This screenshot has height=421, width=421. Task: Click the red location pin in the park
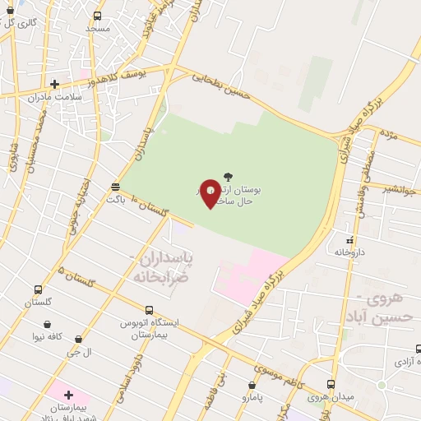click(x=210, y=192)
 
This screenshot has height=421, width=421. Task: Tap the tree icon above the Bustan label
click(x=228, y=176)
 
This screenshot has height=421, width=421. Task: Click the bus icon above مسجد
click(x=98, y=16)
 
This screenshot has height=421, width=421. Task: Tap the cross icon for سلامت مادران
click(x=54, y=83)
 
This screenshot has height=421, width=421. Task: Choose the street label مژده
click(x=389, y=134)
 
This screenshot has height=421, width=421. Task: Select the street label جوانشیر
click(x=398, y=190)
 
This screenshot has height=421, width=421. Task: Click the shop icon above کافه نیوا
click(x=47, y=324)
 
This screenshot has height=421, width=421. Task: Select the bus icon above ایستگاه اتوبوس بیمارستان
click(x=149, y=310)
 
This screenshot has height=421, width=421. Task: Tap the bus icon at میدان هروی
click(x=331, y=384)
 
